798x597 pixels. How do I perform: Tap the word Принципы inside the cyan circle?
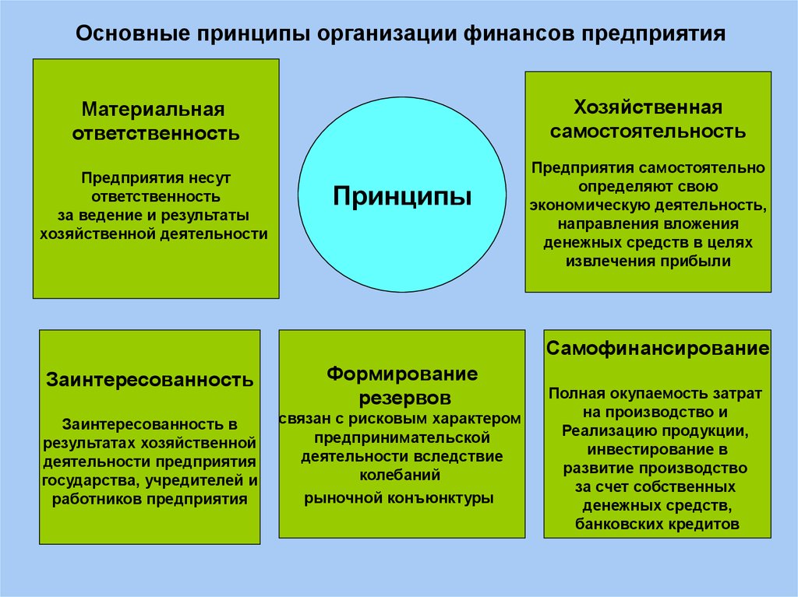pyautogui.click(x=402, y=196)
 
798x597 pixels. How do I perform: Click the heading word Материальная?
pyautogui.click(x=154, y=109)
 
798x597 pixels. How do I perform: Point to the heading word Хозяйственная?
pyautogui.click(x=648, y=108)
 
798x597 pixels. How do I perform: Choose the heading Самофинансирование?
pyautogui.click(x=658, y=349)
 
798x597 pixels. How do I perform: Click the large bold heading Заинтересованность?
pyautogui.click(x=150, y=380)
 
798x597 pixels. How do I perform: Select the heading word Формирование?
pyautogui.click(x=402, y=374)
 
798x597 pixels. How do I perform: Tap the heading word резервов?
pyautogui.click(x=405, y=399)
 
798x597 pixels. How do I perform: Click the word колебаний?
pyautogui.click(x=400, y=476)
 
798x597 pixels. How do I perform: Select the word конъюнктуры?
pyautogui.click(x=440, y=498)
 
